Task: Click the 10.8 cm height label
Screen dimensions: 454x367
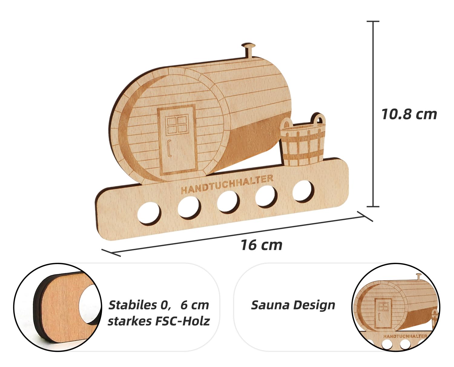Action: pyautogui.click(x=409, y=114)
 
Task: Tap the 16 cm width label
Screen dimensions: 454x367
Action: pyautogui.click(x=262, y=245)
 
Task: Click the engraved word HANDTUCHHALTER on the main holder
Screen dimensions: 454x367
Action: pyautogui.click(x=227, y=184)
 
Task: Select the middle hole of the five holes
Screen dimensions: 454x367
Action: pyautogui.click(x=228, y=202)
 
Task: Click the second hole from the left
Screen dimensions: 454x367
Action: pyautogui.click(x=189, y=207)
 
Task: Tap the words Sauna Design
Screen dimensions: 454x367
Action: pyautogui.click(x=293, y=305)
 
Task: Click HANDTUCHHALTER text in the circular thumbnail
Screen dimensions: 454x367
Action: pyautogui.click(x=405, y=336)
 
